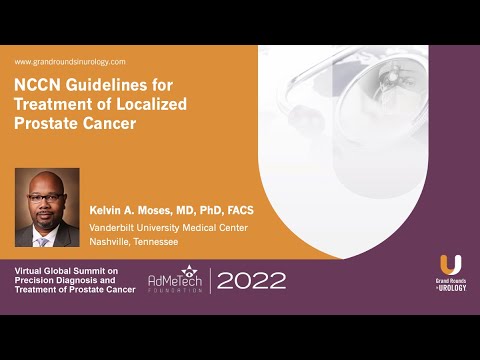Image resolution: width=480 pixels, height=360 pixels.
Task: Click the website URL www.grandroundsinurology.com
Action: point(69,62)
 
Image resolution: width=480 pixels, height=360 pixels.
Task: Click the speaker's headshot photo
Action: point(47,207)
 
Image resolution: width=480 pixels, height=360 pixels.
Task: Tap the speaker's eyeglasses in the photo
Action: point(46,199)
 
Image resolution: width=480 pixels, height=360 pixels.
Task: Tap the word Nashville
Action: point(110,242)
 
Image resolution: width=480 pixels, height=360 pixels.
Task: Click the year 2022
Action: point(251,281)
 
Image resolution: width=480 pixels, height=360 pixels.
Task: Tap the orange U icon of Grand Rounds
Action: point(451,265)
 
